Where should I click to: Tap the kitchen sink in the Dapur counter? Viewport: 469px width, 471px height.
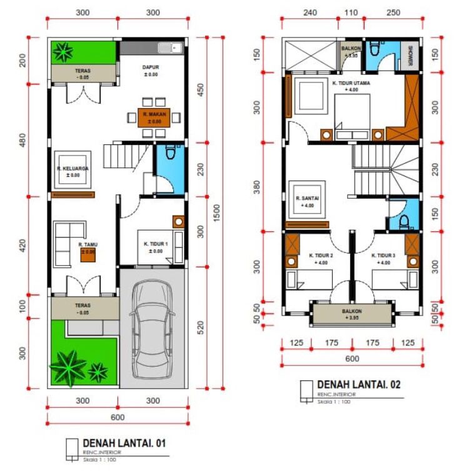[x=169, y=47]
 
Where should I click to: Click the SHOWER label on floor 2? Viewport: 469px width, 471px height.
[x=411, y=54]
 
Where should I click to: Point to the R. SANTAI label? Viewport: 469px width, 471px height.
[x=307, y=198]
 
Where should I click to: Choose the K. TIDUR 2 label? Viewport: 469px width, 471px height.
[x=321, y=255]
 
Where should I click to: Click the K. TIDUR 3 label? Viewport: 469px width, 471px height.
[x=383, y=255]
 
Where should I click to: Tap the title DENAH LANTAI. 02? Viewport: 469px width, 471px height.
[x=358, y=385]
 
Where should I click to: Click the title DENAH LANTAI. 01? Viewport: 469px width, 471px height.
[x=124, y=444]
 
